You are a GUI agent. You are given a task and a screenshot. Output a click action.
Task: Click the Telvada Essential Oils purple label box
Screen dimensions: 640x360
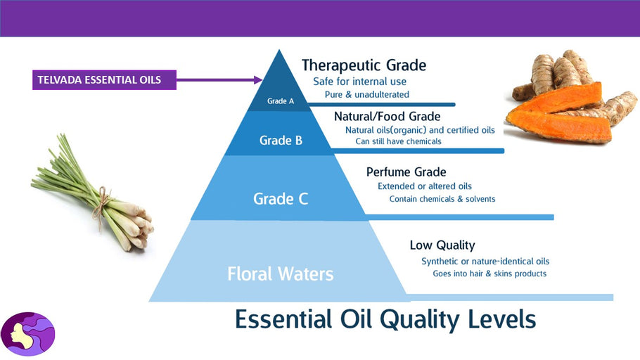tap(104, 79)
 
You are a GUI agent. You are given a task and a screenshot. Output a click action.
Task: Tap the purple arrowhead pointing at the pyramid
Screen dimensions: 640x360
tap(258, 79)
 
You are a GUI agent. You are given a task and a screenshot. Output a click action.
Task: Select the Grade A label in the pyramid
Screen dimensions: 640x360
tap(281, 101)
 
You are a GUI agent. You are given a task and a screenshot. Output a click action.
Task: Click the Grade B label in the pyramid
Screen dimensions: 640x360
tap(281, 141)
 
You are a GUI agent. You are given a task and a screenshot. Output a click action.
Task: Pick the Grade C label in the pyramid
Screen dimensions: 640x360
tap(281, 199)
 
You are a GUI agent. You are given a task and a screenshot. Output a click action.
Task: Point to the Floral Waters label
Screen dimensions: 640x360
tap(281, 274)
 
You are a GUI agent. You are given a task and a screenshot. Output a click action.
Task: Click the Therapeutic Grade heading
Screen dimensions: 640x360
tap(364, 65)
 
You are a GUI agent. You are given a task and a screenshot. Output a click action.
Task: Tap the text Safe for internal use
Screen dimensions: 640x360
tap(359, 82)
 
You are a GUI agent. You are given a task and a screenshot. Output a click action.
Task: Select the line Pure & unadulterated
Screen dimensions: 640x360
tap(367, 94)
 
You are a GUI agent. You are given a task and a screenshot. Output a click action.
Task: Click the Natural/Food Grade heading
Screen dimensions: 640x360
tap(387, 117)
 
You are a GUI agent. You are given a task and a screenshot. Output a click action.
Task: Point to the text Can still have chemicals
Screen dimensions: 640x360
tap(398, 141)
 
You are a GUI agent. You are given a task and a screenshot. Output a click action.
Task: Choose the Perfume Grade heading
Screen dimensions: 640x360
tap(406, 172)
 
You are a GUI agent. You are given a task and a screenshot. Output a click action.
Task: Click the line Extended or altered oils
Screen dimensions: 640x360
tap(425, 186)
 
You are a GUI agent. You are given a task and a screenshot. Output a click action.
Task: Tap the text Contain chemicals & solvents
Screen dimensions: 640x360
tap(442, 199)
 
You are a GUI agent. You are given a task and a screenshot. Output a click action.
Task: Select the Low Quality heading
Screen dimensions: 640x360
tap(442, 245)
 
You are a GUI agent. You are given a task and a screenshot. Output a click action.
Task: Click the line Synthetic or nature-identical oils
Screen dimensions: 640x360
tap(485, 262)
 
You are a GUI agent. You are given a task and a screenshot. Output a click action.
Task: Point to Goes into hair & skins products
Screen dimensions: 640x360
tap(489, 274)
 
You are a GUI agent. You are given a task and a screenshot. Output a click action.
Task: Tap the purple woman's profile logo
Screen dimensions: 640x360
tap(27, 334)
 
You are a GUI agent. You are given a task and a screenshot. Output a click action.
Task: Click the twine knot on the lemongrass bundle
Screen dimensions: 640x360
tap(103, 198)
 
